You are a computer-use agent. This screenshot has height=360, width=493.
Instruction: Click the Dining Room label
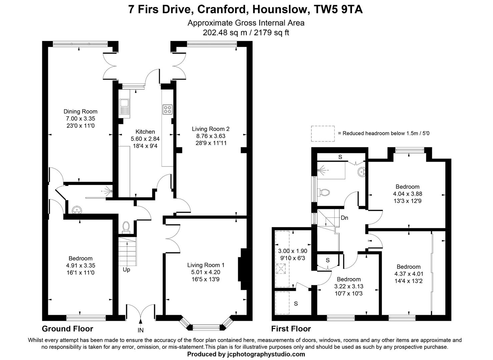click(80, 112)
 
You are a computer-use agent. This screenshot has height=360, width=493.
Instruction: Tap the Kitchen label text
click(145, 132)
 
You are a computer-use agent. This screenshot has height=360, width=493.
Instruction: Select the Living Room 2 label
click(210, 129)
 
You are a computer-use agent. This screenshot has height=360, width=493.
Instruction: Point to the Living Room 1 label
click(206, 265)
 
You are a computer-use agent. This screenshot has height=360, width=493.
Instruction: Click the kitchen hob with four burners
click(167, 109)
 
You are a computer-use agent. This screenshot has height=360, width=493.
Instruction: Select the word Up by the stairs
click(126, 270)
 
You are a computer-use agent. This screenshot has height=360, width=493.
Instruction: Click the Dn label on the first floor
click(344, 218)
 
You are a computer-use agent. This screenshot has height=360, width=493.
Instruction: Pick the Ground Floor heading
click(67, 329)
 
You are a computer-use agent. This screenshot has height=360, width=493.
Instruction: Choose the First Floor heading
click(291, 329)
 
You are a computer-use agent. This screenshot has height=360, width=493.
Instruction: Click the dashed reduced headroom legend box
click(323, 133)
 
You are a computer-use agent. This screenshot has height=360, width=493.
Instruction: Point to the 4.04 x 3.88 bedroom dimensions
click(407, 194)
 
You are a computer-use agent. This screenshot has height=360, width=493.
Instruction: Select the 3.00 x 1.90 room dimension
click(292, 251)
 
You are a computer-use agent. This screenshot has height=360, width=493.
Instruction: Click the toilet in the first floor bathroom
click(324, 192)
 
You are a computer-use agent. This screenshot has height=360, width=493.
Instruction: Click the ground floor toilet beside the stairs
click(126, 226)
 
